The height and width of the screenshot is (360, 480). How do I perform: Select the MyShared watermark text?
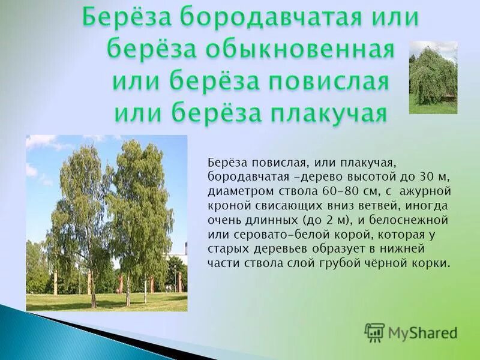tap(422, 332)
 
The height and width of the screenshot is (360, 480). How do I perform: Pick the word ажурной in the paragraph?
tap(425, 191)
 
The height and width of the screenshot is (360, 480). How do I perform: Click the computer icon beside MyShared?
tap(374, 332)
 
